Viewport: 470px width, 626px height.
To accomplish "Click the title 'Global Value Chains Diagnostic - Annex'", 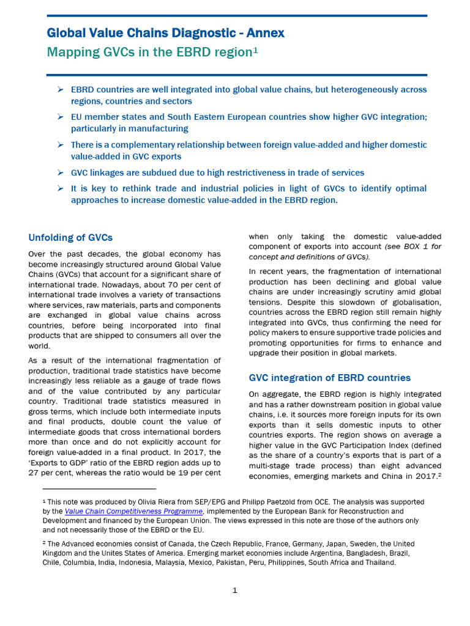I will [x=165, y=33].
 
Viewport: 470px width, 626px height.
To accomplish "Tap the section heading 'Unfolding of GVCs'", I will [x=70, y=237].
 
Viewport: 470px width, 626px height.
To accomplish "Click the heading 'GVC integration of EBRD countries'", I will [x=329, y=378].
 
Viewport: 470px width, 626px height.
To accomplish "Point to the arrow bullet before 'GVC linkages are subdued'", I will [x=61, y=173].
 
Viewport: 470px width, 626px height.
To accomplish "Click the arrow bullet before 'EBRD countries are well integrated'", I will [x=61, y=90].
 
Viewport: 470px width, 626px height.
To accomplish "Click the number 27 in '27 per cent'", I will [x=35, y=473].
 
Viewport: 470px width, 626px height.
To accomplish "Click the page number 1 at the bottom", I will [x=234, y=591].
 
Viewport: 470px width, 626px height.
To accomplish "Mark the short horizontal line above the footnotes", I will [x=99, y=489].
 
